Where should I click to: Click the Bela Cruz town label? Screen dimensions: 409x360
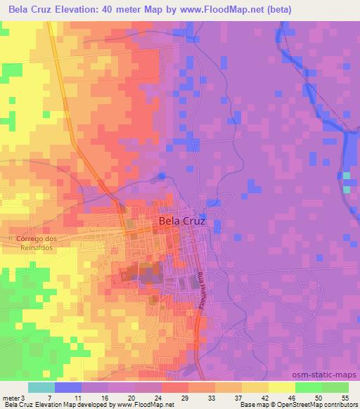183,221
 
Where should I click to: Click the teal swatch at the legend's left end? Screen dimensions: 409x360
41,387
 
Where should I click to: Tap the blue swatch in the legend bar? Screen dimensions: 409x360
68,387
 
